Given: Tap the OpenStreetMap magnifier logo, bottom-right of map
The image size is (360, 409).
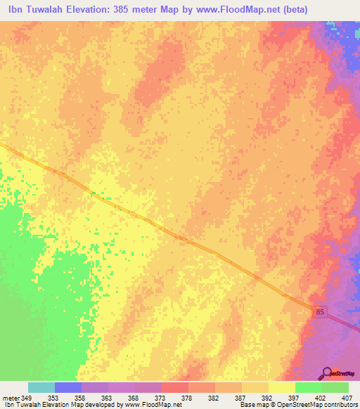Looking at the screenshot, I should click(x=328, y=373).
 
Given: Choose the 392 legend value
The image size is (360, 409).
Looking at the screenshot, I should click(x=268, y=398).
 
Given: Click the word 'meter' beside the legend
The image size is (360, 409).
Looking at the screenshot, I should click(x=11, y=398).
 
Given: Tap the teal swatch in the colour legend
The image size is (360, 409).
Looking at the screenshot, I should click(x=41, y=387).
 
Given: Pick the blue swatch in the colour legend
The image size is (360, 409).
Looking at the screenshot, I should click(x=68, y=387).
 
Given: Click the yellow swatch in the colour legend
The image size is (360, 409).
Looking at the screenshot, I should click(x=281, y=387).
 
